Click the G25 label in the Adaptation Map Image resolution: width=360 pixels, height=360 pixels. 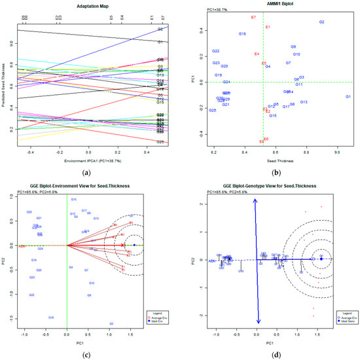[x=160, y=142]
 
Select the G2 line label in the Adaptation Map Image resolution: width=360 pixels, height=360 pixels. [x=160, y=29]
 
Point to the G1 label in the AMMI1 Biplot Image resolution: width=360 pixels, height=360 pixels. [x=348, y=97]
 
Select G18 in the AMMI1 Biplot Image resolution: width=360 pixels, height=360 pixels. [x=242, y=33]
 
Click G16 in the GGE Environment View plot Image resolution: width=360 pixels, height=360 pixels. [x=50, y=317]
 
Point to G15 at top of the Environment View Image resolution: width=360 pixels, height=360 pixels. [x=74, y=199]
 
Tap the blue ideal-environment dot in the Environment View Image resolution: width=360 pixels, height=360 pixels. [x=134, y=245]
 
